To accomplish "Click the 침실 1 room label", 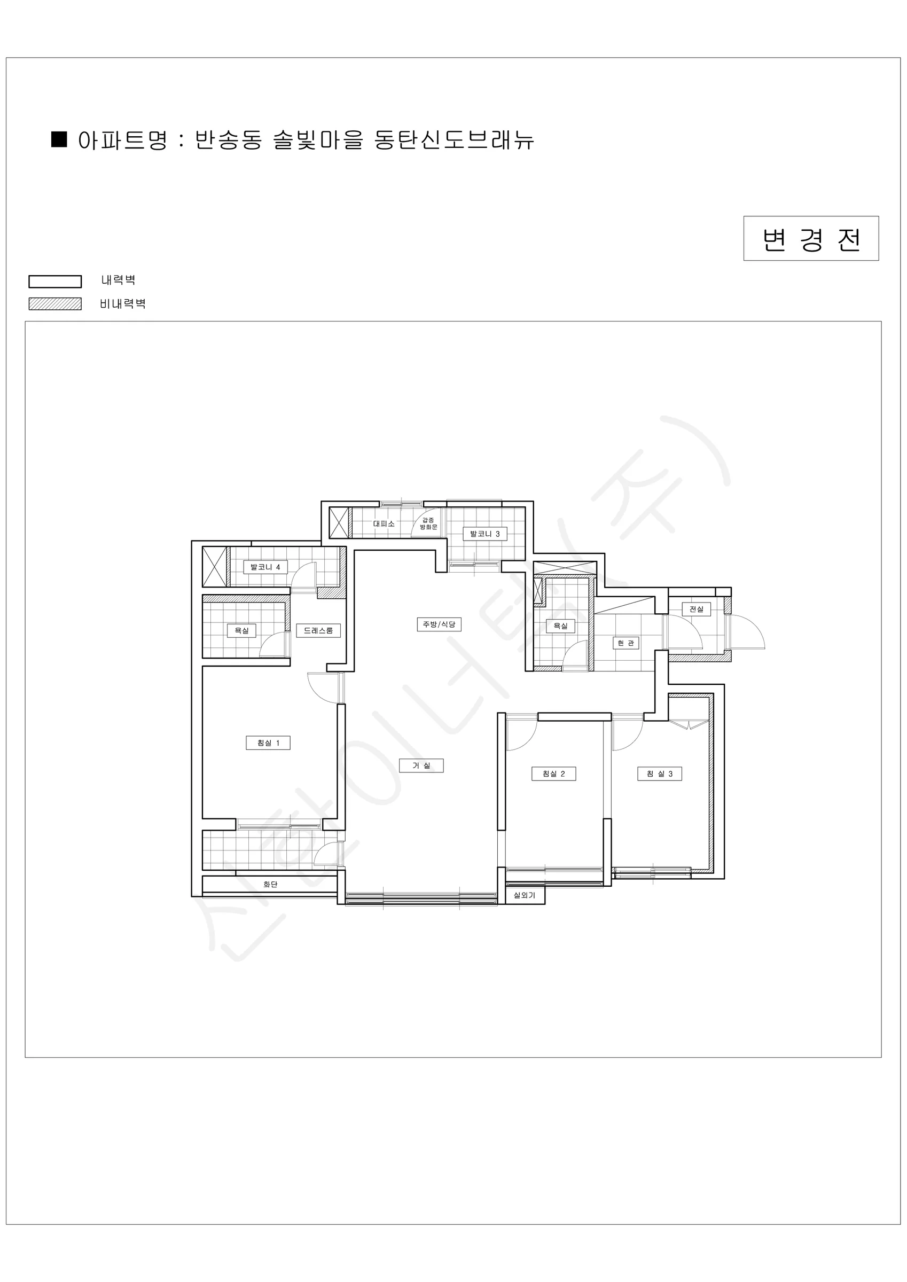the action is (x=268, y=742).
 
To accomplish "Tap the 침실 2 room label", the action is (x=553, y=773).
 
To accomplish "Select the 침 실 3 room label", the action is (x=660, y=773).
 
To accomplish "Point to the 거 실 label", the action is (x=421, y=765).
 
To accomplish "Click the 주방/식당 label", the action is (x=439, y=624).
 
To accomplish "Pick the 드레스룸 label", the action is (x=318, y=630).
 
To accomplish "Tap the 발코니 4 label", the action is (x=265, y=567).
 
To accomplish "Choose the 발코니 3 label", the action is (x=485, y=534).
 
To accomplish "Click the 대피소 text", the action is (x=384, y=523).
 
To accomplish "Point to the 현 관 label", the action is (x=625, y=643).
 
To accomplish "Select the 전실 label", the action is (x=697, y=609).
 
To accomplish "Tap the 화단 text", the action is (x=270, y=885).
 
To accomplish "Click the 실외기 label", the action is (x=525, y=895).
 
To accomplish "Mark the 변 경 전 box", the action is (x=811, y=238).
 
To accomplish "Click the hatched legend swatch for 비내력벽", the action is (x=56, y=304).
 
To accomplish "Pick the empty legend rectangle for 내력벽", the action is (x=56, y=282).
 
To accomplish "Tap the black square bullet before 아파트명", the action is (x=59, y=139).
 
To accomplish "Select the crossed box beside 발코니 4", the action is (x=214, y=567).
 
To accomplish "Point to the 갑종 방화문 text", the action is (x=429, y=523).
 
